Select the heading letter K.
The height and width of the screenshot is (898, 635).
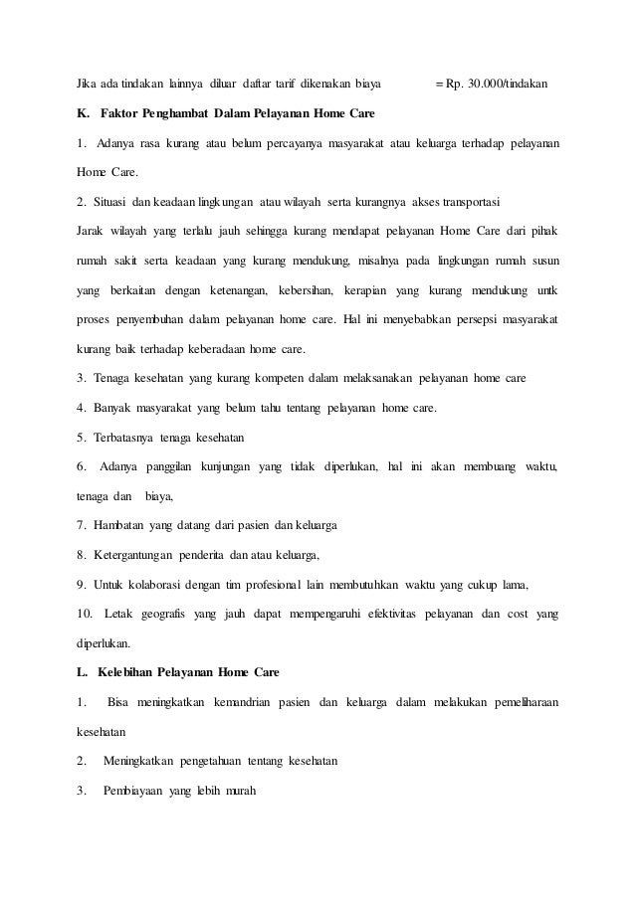coord(82,114)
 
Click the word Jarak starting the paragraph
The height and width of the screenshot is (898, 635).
coord(91,230)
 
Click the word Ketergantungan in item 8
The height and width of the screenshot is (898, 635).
coord(137,553)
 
